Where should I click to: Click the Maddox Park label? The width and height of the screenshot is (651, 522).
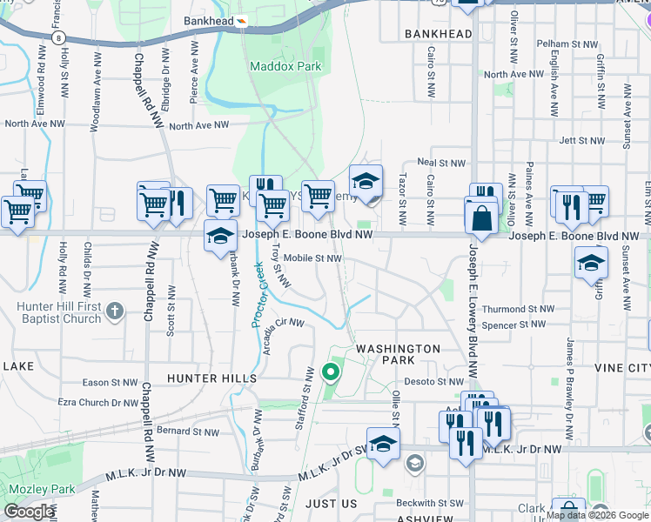285,66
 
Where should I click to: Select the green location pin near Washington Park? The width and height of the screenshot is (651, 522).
331,373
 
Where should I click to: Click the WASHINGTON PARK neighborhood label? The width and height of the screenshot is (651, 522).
399,354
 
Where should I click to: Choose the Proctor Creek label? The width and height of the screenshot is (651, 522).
258,297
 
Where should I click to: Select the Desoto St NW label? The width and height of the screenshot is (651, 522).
433,381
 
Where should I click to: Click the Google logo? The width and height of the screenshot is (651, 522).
29,512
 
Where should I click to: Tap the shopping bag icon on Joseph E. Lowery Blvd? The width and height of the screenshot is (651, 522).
481,217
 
